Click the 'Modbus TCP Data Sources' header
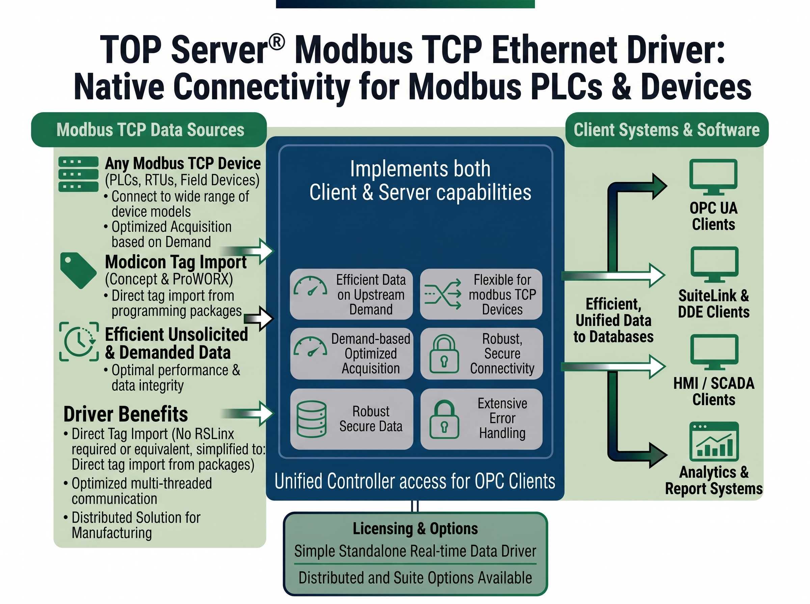coord(150,130)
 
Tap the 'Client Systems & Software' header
coord(666,130)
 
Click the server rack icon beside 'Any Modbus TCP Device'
coord(78,174)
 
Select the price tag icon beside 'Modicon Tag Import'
coord(78,270)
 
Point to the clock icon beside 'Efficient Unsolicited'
coord(79,341)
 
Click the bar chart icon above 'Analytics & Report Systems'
coord(713,441)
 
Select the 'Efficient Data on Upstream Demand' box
coord(351,294)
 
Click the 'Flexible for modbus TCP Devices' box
coord(481,294)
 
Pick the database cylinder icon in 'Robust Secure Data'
coord(312,419)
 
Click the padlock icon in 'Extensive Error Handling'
coord(443,419)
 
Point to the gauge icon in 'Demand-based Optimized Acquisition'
coord(310,348)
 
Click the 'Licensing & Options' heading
coord(415,528)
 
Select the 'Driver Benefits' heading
coord(126,414)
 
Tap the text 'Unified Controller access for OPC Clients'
coord(415,481)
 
